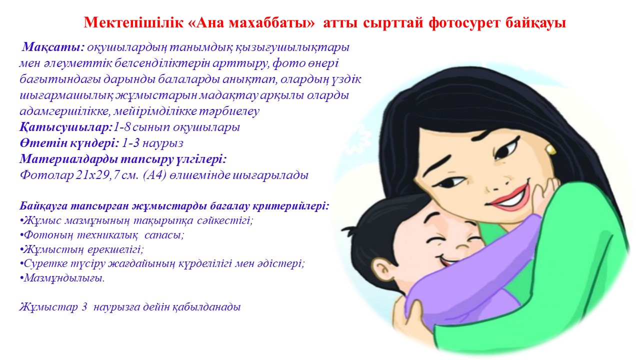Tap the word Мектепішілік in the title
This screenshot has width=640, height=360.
tap(133, 22)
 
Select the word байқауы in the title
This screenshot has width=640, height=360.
tap(535, 23)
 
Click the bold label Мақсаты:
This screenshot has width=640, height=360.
tap(53, 47)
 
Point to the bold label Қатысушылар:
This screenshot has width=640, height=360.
tap(65, 127)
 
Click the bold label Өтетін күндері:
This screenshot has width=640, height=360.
tap(69, 143)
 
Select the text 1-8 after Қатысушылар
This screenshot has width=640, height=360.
tap(121, 127)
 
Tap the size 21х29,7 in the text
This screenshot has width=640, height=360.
tap(97, 175)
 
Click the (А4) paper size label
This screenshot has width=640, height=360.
tap(155, 175)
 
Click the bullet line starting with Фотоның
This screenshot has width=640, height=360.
tap(102, 235)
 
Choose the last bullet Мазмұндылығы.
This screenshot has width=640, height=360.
tap(62, 278)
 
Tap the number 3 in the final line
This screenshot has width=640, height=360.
tap(84, 307)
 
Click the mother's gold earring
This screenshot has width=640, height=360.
tap(550, 149)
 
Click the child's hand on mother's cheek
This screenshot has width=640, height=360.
tap(544, 194)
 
